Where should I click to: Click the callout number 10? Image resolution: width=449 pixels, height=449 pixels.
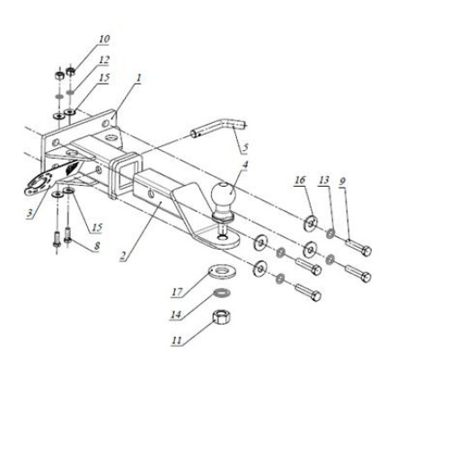pyautogui.click(x=104, y=39)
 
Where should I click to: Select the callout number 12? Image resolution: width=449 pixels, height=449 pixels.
pyautogui.click(x=104, y=60)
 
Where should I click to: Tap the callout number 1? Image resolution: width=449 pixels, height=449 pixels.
pyautogui.click(x=138, y=78)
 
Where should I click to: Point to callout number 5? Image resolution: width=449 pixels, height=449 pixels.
pyautogui.click(x=245, y=147)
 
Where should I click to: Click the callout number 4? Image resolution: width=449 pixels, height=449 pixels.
pyautogui.click(x=245, y=164)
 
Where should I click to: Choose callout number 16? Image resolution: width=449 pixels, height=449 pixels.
pyautogui.click(x=300, y=180)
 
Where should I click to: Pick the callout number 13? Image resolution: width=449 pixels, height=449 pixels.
pyautogui.click(x=324, y=180)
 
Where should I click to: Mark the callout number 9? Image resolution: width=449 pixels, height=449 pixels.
pyautogui.click(x=343, y=180)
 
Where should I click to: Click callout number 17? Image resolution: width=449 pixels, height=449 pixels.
pyautogui.click(x=177, y=292)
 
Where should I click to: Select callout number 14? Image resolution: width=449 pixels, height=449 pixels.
pyautogui.click(x=176, y=314)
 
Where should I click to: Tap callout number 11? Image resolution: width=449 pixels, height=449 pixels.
pyautogui.click(x=177, y=340)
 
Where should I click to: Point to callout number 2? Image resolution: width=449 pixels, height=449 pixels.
pyautogui.click(x=123, y=256)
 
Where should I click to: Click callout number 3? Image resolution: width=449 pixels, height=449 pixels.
pyautogui.click(x=29, y=214)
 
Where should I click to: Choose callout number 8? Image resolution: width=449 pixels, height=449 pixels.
pyautogui.click(x=96, y=246)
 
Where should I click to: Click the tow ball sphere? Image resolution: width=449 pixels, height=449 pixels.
pyautogui.click(x=224, y=193)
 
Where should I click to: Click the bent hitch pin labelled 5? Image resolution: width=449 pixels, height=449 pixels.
pyautogui.click(x=218, y=128)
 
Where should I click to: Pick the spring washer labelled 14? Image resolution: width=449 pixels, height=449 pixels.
pyautogui.click(x=221, y=293)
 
